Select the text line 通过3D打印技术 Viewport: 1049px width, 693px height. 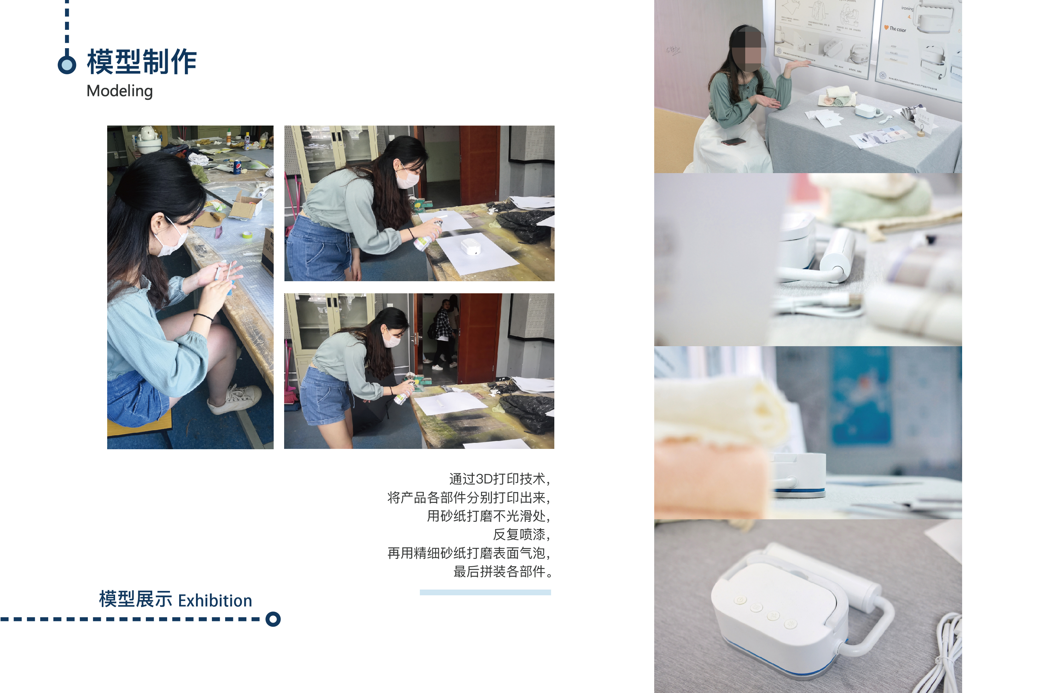coord(499,479)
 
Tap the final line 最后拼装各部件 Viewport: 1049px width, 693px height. coord(503,572)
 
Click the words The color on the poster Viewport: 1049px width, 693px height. coord(897,29)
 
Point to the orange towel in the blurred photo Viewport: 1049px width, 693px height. coord(712,477)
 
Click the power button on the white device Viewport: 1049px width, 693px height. coord(740,600)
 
